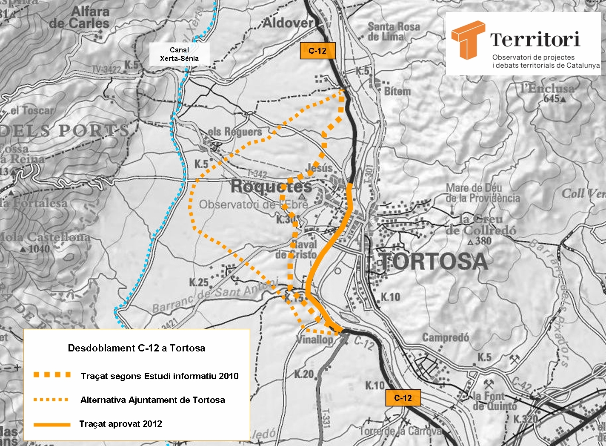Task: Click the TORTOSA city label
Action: [x=433, y=261]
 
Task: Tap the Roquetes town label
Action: [x=271, y=186]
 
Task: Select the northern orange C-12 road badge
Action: [x=317, y=51]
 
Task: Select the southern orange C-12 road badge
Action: [x=403, y=398]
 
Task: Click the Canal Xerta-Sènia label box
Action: [x=179, y=54]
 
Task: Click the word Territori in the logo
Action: [x=535, y=40]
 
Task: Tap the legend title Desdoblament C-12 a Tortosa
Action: [x=136, y=348]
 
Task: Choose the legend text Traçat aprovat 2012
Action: [x=120, y=424]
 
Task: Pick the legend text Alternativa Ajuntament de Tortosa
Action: [x=152, y=400]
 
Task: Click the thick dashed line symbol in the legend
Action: [x=52, y=375]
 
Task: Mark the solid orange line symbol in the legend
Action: [x=52, y=424]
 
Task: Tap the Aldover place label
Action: [x=288, y=23]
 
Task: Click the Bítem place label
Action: [x=397, y=91]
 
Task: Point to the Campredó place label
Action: [x=445, y=338]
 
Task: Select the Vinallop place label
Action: [x=315, y=340]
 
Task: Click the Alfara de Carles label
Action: [x=81, y=17]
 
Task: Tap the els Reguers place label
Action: [x=234, y=132]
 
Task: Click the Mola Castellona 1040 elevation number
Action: [x=40, y=249]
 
